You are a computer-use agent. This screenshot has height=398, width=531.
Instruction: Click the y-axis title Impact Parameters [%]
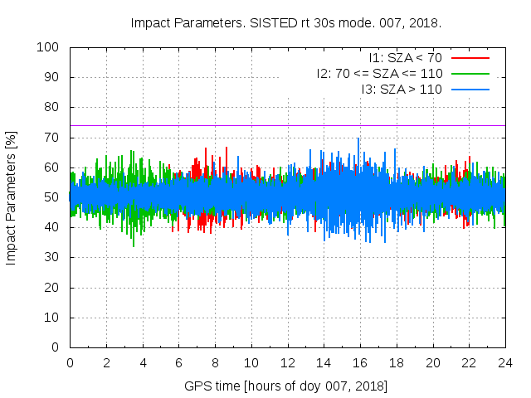pos(12,197)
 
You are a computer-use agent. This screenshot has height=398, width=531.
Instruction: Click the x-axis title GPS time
pos(286,386)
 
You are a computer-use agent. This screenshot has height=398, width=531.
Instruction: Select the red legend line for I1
pos(469,58)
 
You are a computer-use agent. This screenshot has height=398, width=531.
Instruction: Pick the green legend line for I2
pos(469,73)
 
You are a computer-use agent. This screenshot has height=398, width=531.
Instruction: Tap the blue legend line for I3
pos(469,88)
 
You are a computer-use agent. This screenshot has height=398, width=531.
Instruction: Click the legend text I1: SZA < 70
pos(406,58)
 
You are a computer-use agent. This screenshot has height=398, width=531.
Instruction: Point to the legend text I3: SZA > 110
pos(402,88)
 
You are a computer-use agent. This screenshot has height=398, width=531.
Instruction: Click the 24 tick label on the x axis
pos(505,362)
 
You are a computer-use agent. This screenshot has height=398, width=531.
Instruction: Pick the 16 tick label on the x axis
pos(360,362)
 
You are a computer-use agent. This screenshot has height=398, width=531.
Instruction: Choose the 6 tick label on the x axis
pos(178,362)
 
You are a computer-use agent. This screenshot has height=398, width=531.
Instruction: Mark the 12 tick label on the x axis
pos(287,362)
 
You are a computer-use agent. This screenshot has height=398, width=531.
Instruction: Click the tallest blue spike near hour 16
pos(358,139)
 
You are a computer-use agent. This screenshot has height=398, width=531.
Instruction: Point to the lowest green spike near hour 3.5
pos(134,245)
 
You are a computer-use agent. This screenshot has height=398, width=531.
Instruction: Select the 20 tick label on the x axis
pos(432,362)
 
